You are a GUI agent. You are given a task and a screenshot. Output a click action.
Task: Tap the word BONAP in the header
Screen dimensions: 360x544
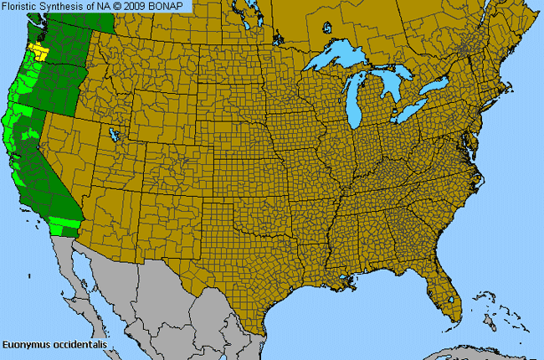click(175, 6)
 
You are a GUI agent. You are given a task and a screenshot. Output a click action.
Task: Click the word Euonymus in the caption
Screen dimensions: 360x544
click(23, 344)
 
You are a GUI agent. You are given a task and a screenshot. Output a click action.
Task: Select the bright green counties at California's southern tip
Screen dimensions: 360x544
click(62, 225)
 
